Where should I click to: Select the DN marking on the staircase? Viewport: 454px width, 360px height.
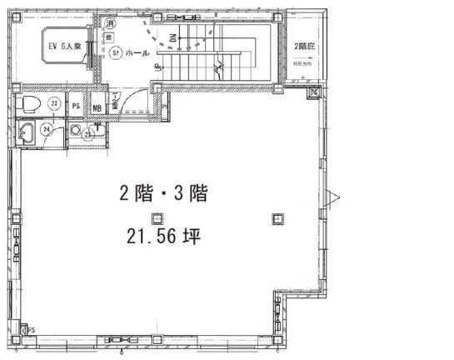coord(173,39)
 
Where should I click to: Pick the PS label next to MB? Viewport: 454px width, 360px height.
coord(76,106)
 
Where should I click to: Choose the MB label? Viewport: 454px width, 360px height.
coord(97,107)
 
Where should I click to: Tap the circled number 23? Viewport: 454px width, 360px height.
coord(52,103)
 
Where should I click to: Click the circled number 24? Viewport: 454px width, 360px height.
coord(47,129)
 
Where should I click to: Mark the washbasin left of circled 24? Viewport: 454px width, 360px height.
coord(27,131)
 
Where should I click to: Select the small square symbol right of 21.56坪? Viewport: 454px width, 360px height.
coord(277,218)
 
